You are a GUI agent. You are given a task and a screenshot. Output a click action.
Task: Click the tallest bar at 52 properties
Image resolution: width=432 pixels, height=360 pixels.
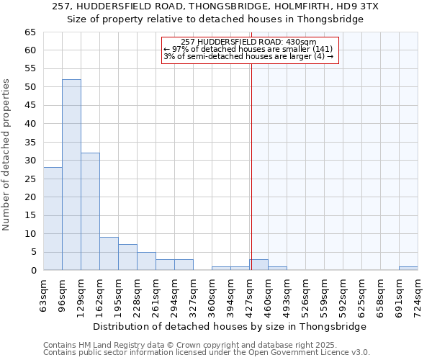[71, 175]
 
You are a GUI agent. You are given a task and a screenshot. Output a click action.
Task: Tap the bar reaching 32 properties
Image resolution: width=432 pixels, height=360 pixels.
[90, 212]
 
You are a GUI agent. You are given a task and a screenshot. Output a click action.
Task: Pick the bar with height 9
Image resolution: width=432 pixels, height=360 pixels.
[109, 253]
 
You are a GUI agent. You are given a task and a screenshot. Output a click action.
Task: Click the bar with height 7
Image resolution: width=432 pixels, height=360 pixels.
[127, 257]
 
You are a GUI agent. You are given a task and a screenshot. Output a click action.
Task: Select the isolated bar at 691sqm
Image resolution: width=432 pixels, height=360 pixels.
[408, 269]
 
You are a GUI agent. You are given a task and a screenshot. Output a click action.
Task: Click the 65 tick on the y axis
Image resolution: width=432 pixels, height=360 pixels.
[30, 32]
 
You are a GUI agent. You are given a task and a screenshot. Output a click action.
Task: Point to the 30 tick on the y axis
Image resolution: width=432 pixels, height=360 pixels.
[30, 161]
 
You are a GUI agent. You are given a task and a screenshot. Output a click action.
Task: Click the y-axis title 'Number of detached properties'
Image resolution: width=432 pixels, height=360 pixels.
[7, 155]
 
